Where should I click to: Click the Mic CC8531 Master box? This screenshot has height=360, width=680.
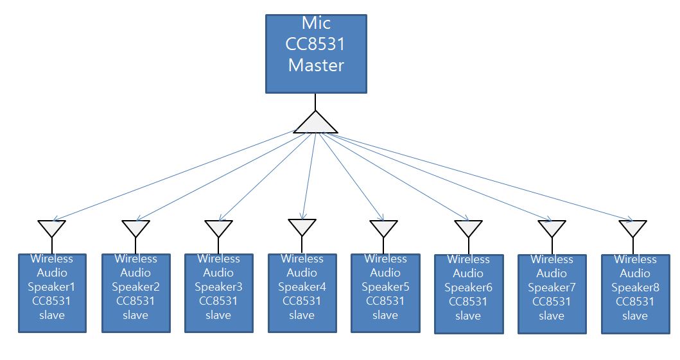(x=316, y=54)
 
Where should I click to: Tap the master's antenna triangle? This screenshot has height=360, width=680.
(x=315, y=123)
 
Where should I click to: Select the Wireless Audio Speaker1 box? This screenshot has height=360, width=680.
(x=52, y=293)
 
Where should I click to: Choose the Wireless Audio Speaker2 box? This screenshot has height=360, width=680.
(x=135, y=293)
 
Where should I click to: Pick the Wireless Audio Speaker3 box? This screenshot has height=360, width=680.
(x=218, y=293)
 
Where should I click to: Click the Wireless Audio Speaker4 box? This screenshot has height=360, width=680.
(x=302, y=293)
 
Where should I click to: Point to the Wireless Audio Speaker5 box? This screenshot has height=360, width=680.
(x=385, y=293)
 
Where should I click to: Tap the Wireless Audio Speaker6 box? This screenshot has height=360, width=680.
(x=468, y=294)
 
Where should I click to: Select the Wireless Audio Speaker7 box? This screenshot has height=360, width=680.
(x=552, y=294)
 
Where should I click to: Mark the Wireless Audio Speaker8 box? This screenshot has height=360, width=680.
(x=634, y=294)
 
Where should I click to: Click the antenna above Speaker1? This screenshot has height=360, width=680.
(x=52, y=227)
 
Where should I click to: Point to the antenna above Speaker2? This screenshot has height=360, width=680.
(x=135, y=227)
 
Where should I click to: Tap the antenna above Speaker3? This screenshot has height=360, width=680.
(x=218, y=227)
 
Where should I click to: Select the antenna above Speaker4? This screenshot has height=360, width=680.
(x=302, y=226)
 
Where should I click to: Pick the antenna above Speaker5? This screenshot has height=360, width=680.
(x=384, y=227)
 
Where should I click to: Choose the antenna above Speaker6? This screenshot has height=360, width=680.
(x=468, y=227)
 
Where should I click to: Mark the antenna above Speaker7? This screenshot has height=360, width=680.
(x=552, y=227)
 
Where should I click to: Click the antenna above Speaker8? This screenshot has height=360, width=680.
(x=633, y=227)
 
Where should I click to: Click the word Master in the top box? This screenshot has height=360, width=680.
(x=316, y=65)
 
